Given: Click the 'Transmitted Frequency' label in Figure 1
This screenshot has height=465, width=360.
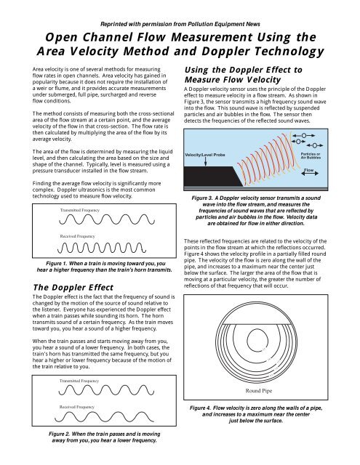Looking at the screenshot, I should (80, 209).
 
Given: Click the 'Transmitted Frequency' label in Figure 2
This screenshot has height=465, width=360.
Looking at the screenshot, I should (80, 380).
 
